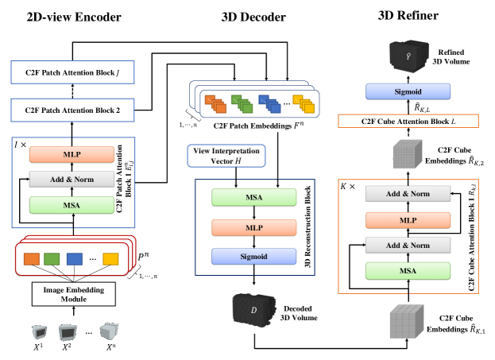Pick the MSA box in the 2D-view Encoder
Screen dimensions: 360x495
pos(66,207)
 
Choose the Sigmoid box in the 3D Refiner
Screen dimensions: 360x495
pos(408,92)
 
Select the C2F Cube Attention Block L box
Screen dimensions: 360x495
pos(407,122)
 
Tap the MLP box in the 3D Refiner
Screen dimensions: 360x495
pos(407,220)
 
